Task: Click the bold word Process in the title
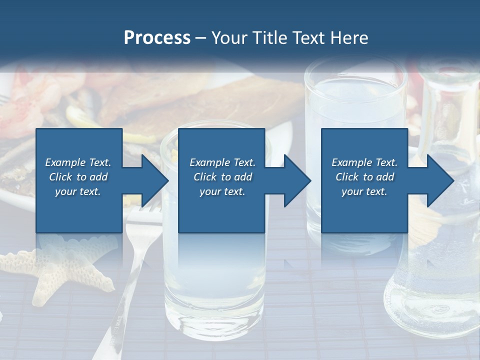tap(157, 38)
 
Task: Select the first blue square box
tap(79, 180)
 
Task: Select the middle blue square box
tap(221, 180)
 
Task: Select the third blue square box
tap(364, 180)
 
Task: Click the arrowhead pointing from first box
tap(155, 180)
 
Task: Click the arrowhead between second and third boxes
tap(297, 180)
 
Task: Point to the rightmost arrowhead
tap(440, 180)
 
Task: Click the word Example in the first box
tap(65, 162)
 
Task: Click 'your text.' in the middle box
tap(222, 191)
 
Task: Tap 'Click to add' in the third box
tap(364, 177)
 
